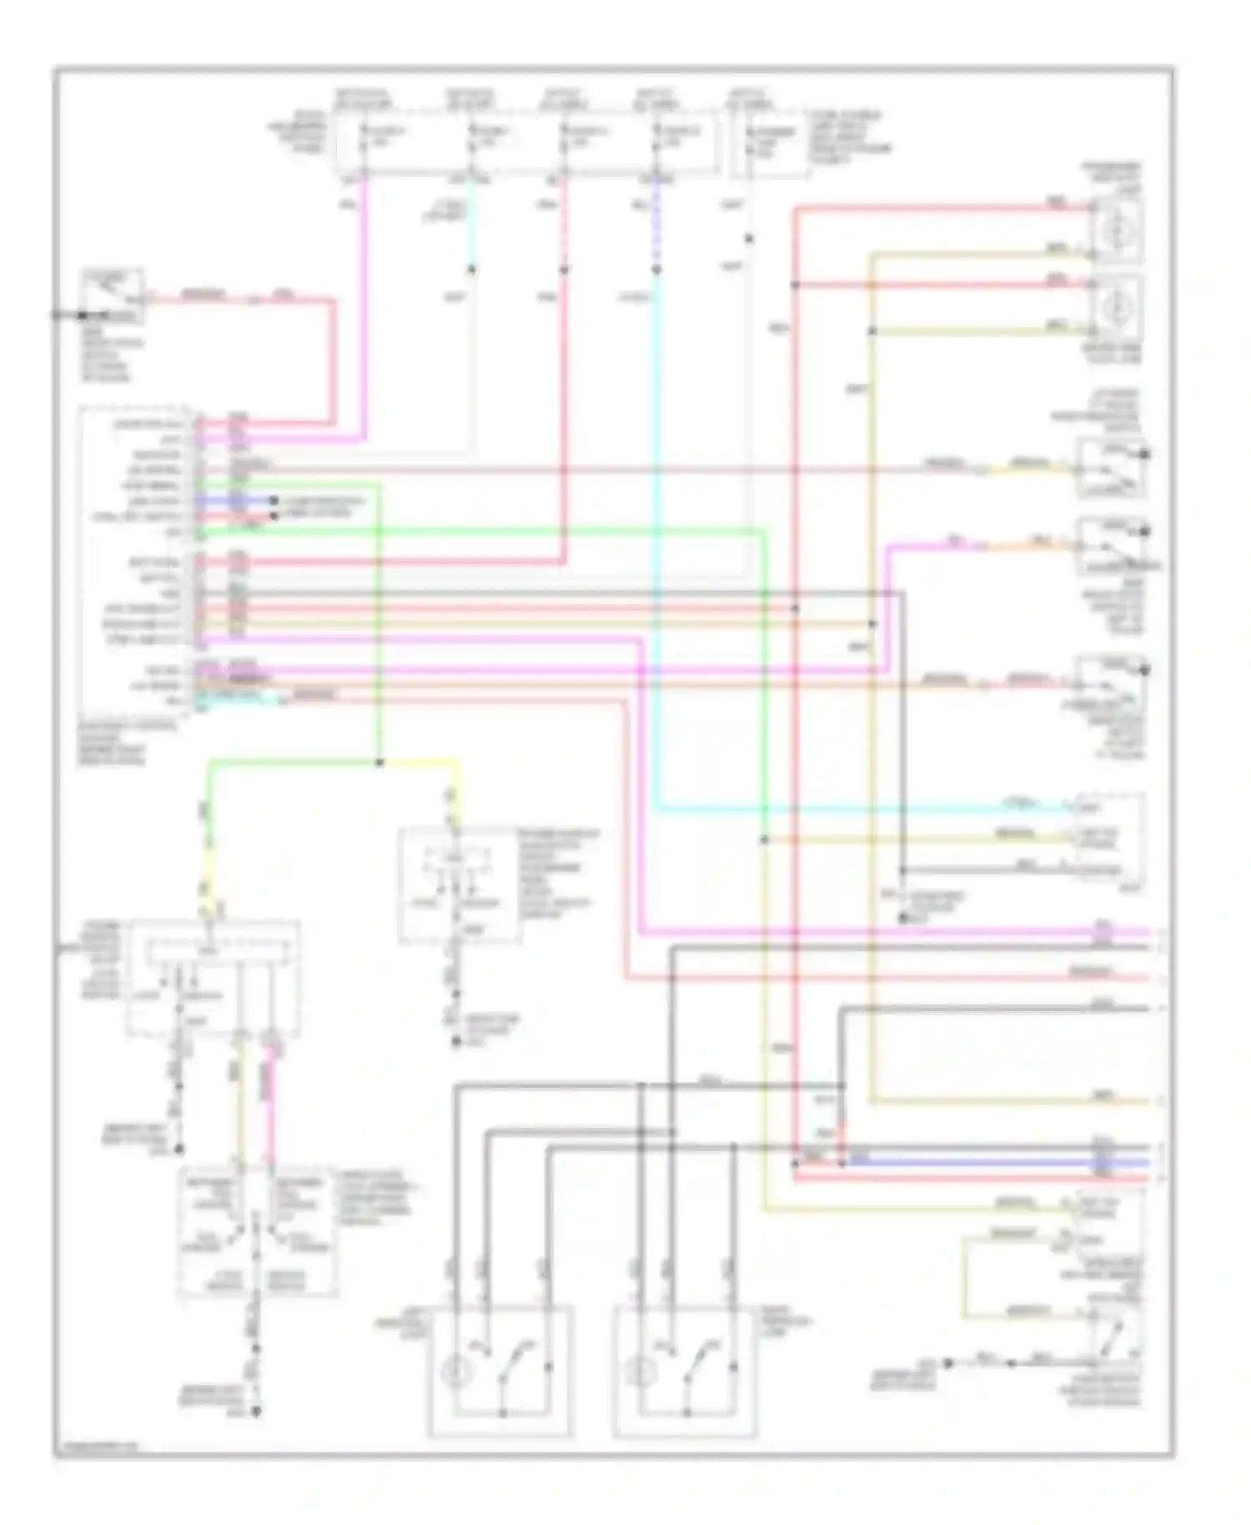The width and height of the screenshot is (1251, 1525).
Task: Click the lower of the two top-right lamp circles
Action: (1114, 306)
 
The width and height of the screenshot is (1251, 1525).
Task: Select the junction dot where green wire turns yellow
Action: (379, 762)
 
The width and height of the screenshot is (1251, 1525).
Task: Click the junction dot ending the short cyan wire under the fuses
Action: (471, 269)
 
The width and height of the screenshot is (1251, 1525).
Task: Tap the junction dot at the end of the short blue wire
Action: (273, 501)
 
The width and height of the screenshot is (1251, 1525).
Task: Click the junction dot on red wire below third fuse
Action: (564, 269)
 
